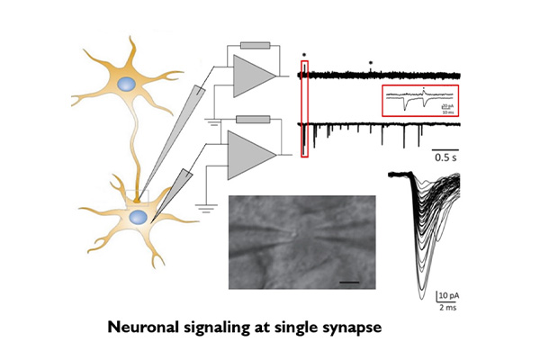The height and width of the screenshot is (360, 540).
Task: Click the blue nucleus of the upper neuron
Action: [128, 84]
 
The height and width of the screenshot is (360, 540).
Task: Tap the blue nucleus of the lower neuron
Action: [137, 218]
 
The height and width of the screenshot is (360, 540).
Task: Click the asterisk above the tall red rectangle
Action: [305, 54]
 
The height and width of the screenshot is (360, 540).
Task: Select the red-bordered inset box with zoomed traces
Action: [420, 101]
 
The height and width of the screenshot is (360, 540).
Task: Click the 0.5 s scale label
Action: [445, 157]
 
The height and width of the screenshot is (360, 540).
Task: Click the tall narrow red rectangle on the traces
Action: [305, 108]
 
